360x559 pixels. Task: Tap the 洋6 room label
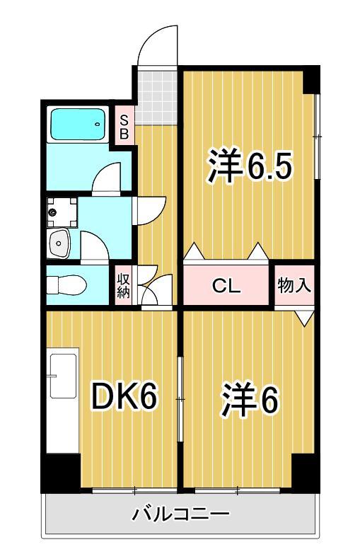(249, 400)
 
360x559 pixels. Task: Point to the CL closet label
(228, 286)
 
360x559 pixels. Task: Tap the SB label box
(123, 125)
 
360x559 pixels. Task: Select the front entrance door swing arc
(157, 44)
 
